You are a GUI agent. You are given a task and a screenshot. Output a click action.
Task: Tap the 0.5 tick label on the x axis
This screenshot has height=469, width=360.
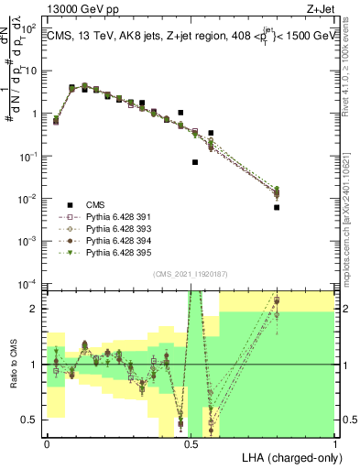pyautogui.click(x=191, y=442)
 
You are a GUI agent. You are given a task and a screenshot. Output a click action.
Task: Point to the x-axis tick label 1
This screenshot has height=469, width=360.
pyautogui.click(x=335, y=442)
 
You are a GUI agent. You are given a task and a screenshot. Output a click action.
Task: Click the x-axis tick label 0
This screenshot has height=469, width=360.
pyautogui.click(x=47, y=442)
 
